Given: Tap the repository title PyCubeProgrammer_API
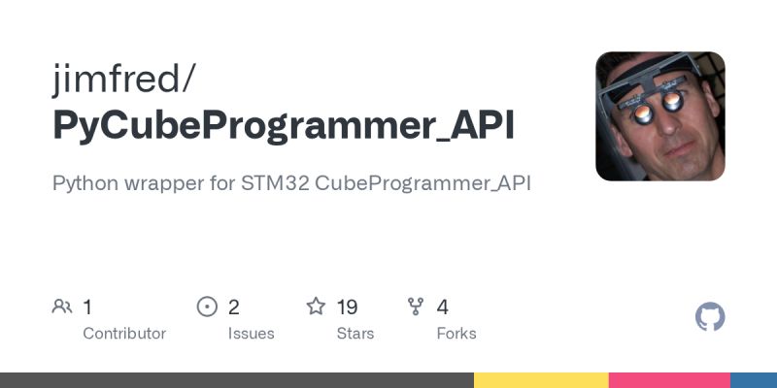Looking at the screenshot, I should [285, 126].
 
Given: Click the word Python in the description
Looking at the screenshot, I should [84, 183].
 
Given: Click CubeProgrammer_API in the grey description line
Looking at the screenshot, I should [423, 183].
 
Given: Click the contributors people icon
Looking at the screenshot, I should [62, 307].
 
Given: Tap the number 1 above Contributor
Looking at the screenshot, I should [87, 307].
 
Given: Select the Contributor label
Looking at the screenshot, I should [124, 334].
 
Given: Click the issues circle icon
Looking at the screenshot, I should [207, 307].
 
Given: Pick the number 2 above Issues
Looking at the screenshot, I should [234, 307].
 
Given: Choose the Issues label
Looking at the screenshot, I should [251, 334].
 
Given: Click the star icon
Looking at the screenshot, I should [316, 307].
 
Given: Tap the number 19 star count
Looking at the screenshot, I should [347, 307].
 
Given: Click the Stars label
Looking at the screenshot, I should [355, 334].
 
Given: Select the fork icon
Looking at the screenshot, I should [417, 307].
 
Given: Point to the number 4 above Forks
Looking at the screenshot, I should [443, 307].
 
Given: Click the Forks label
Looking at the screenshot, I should [456, 334].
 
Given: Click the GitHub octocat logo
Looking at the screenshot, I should [711, 317].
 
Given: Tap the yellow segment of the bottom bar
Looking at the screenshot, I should [541, 380].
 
